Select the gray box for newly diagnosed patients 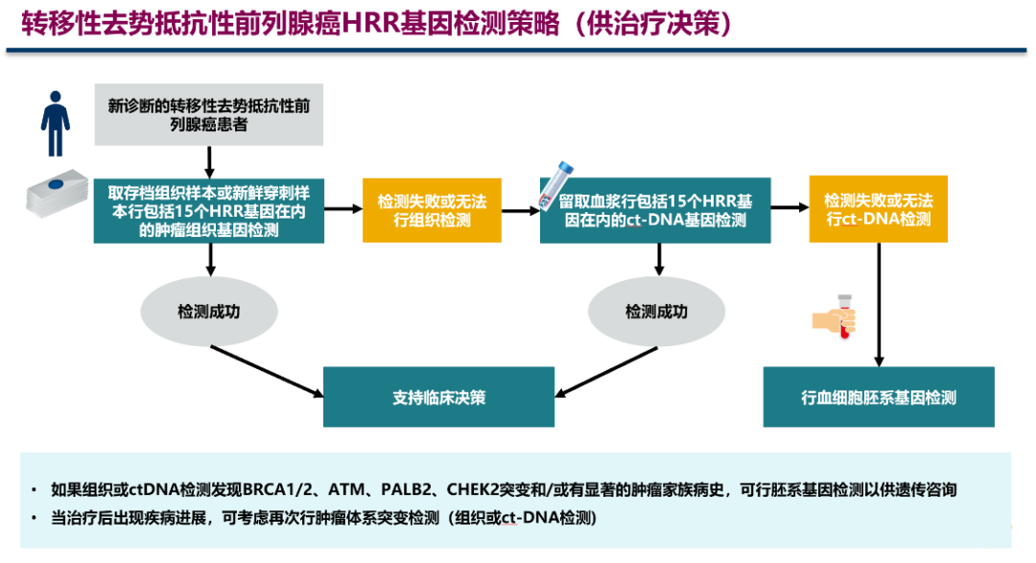(x=208, y=114)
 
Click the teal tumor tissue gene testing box (x=208, y=209)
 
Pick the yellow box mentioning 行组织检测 (x=432, y=209)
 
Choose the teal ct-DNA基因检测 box (x=656, y=209)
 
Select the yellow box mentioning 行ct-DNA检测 (x=878, y=209)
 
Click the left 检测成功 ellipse (x=208, y=312)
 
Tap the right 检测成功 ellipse (x=656, y=312)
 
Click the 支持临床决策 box (x=438, y=396)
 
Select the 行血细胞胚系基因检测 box (x=878, y=396)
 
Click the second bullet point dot (x=35, y=519)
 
